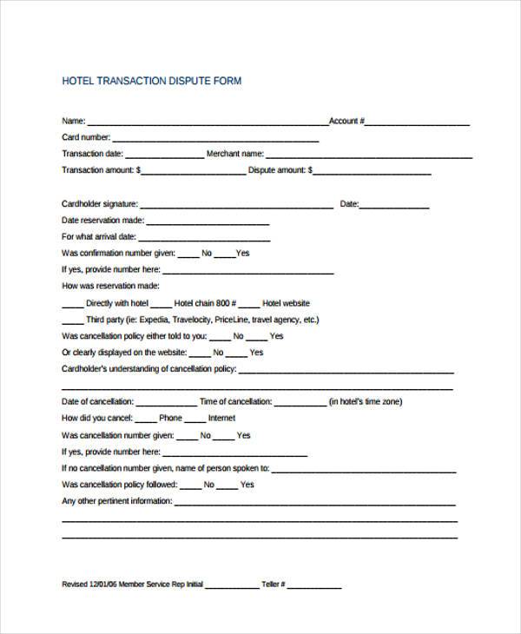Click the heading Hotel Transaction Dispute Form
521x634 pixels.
152,82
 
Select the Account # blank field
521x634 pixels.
418,123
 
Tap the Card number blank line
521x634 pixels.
215,140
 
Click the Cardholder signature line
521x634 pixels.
236,207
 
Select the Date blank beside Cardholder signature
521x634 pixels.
395,207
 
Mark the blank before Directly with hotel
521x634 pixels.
73,306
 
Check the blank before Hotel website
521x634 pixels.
248,306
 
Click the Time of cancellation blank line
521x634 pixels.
300,404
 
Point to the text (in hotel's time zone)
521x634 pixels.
365,401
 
